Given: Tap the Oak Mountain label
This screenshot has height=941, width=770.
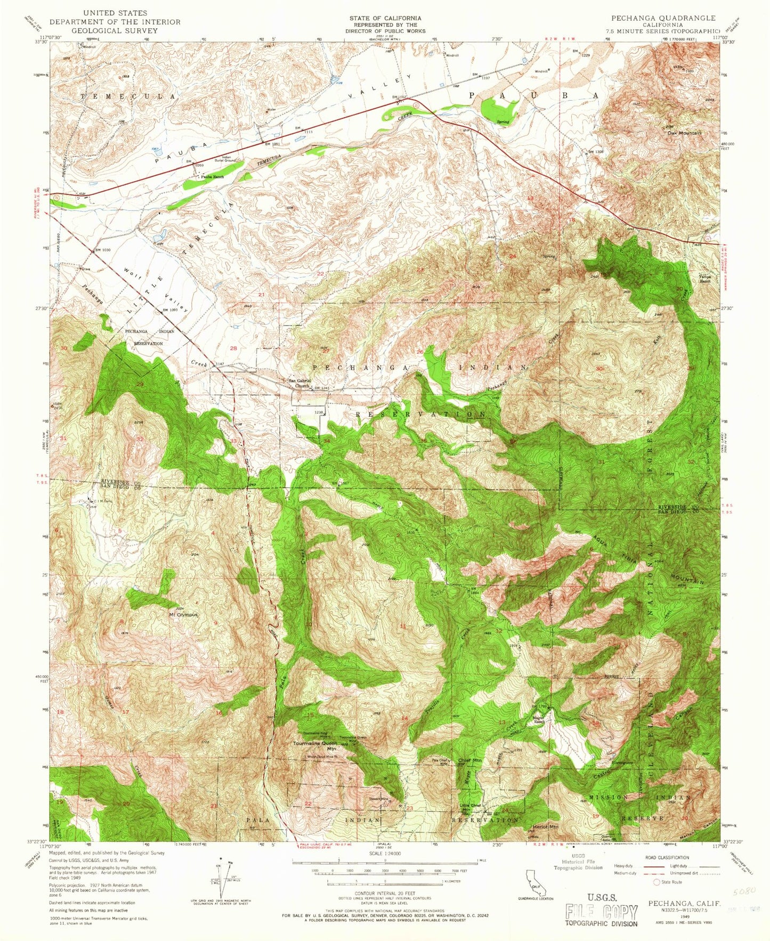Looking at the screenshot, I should [x=684, y=133].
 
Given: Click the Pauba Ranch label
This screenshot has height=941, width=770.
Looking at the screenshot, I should [x=212, y=176].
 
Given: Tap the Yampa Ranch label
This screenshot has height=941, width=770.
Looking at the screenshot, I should [x=707, y=278].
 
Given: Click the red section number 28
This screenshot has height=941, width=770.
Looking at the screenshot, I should [x=233, y=348].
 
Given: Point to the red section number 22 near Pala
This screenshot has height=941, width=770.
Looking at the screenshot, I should [x=307, y=803].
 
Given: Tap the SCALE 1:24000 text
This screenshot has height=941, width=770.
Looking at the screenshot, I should [x=384, y=853].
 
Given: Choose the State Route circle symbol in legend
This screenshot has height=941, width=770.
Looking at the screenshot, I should [x=657, y=882].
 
